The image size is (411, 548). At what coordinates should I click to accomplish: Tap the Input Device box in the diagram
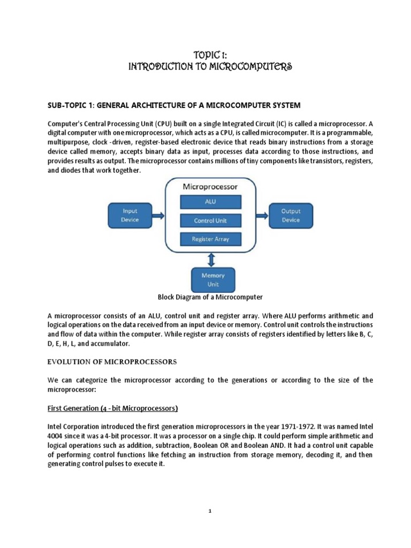click(x=130, y=215)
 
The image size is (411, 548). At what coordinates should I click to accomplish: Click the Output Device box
click(x=291, y=215)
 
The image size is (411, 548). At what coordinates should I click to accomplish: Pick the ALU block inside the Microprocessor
click(x=210, y=202)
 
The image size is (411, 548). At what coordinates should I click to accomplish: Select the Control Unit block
click(x=210, y=220)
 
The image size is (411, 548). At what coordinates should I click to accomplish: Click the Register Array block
click(x=210, y=239)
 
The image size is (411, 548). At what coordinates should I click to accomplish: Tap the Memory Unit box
click(x=212, y=279)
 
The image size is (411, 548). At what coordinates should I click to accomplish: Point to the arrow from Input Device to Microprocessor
click(x=158, y=215)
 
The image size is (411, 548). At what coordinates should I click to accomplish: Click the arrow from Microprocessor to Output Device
click(x=261, y=215)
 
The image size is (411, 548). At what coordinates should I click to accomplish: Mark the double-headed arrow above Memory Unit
click(x=212, y=260)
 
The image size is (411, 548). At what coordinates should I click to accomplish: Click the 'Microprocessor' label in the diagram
click(x=210, y=187)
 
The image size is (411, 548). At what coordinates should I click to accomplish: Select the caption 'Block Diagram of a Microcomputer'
click(x=210, y=296)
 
